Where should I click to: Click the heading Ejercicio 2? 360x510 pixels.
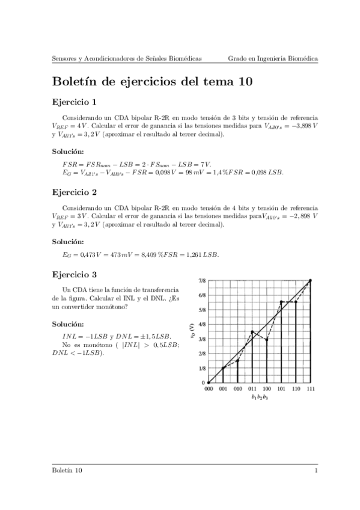click(75, 193)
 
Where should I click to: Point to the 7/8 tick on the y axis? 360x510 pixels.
click(201, 281)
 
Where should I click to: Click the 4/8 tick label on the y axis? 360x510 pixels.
click(201, 324)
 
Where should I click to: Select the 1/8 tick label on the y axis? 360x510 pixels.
click(201, 368)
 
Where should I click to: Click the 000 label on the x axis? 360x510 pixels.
click(209, 390)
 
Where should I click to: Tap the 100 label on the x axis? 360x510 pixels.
click(267, 390)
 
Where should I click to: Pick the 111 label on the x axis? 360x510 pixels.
click(310, 390)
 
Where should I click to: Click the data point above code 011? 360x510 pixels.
click(252, 331)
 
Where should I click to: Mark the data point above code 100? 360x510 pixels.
click(267, 339)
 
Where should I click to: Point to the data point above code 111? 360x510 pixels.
click(310, 281)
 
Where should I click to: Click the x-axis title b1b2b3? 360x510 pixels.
click(259, 398)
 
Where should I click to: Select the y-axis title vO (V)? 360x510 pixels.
click(191, 331)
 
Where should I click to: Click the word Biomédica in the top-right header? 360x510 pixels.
click(302, 58)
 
